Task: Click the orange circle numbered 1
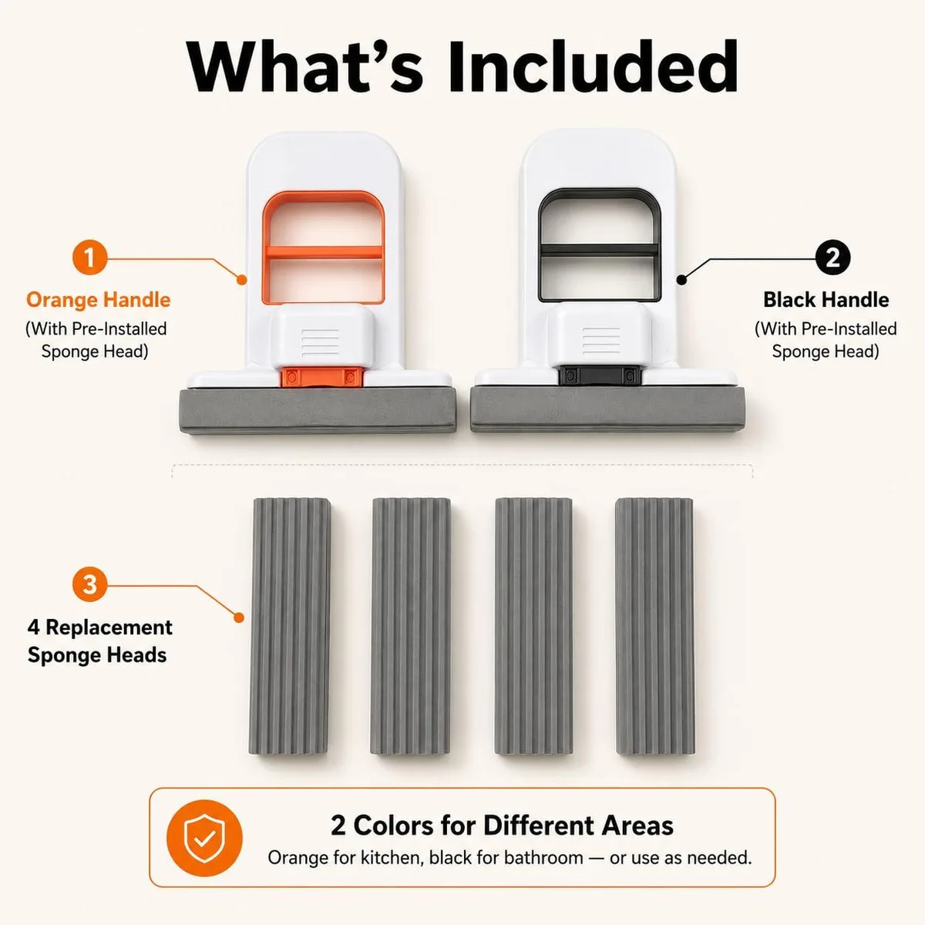click(89, 257)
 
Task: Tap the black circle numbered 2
click(832, 257)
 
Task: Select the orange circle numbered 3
click(89, 584)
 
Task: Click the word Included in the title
click(594, 66)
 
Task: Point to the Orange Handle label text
click(99, 300)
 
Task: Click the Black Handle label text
click(826, 300)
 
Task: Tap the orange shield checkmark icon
click(204, 838)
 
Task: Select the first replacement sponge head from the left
click(290, 626)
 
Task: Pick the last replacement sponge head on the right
click(654, 626)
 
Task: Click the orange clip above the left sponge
click(321, 377)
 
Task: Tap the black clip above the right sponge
click(599, 375)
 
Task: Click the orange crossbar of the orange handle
click(324, 251)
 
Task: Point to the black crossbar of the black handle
click(599, 249)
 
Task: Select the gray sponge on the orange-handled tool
click(318, 411)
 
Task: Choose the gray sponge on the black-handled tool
click(608, 409)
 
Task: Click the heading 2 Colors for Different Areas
click(502, 825)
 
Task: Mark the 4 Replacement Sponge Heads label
click(99, 641)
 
